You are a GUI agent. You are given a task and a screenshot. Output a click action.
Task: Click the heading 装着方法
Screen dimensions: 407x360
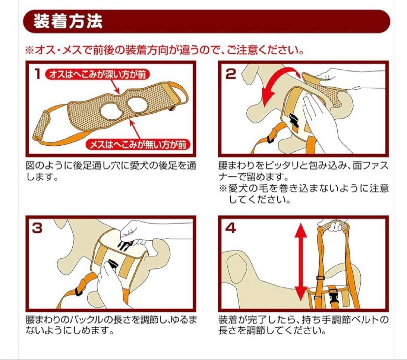pyautogui.click(x=68, y=21)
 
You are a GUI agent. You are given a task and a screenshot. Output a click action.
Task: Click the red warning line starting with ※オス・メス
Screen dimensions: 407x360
pyautogui.click(x=164, y=50)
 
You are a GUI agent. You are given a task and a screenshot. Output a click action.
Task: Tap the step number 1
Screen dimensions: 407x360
pyautogui.click(x=38, y=74)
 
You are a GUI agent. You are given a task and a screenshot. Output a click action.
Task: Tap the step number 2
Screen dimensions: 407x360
pyautogui.click(x=231, y=74)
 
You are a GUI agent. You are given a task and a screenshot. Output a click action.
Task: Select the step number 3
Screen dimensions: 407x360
pyautogui.click(x=37, y=228)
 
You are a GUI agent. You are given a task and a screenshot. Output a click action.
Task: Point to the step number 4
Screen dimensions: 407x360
pyautogui.click(x=231, y=228)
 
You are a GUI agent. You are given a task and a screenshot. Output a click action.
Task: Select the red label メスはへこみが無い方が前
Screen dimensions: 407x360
pyautogui.click(x=138, y=145)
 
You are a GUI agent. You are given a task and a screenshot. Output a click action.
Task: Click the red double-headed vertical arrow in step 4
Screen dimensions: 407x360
pyautogui.click(x=301, y=262)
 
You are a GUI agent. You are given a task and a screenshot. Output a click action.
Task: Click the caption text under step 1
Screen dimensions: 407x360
pyautogui.click(x=111, y=171)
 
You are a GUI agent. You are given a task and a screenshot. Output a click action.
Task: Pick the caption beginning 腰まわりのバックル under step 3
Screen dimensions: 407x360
pyautogui.click(x=111, y=325)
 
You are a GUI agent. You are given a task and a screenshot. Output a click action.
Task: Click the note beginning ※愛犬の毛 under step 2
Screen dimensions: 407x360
pyautogui.click(x=304, y=194)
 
